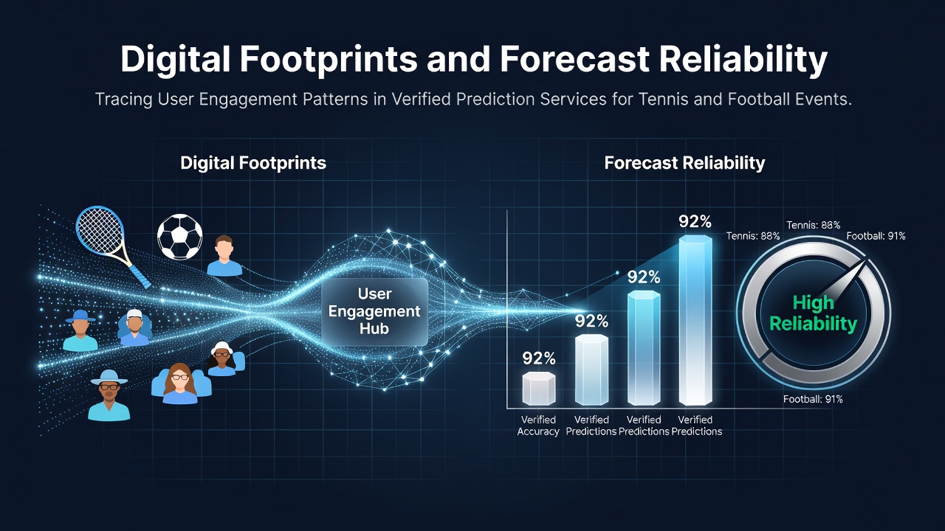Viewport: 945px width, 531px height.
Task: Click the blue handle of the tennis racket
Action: (140, 276)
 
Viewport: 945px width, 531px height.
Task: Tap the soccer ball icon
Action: (179, 237)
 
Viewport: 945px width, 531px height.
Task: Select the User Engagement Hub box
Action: (374, 311)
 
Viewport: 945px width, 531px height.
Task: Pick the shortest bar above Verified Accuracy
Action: (539, 388)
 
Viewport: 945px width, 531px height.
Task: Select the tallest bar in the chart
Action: (695, 320)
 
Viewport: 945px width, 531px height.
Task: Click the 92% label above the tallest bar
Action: (695, 222)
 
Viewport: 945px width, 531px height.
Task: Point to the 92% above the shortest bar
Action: (539, 358)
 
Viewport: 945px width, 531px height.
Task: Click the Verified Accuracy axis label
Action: (538, 426)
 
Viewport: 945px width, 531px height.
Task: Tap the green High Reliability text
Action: (813, 313)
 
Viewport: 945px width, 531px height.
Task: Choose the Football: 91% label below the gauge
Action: (813, 399)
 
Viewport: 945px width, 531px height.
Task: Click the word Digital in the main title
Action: (176, 59)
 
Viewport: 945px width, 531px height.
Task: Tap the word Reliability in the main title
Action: (743, 60)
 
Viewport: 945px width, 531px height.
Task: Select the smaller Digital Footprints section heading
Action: (253, 163)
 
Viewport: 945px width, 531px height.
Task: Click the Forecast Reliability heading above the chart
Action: (684, 163)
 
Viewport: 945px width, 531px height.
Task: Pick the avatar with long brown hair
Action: (181, 383)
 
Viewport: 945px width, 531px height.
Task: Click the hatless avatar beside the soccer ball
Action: (224, 255)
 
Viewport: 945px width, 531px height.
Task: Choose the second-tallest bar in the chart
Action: (644, 348)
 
